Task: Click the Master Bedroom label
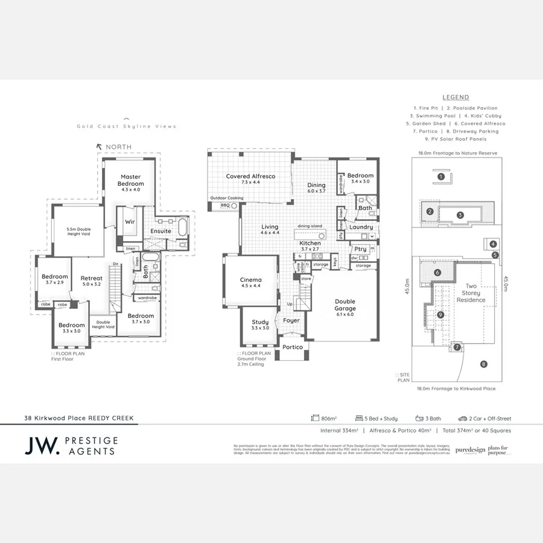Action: [x=130, y=180]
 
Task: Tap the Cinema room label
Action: [x=251, y=280]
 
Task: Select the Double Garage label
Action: [x=345, y=304]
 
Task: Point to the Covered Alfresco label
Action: [x=250, y=176]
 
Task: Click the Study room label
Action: [x=260, y=322]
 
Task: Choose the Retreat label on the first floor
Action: [x=92, y=278]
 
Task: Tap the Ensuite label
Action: [x=160, y=231]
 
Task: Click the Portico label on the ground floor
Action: [x=293, y=348]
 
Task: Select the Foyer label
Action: [x=291, y=321]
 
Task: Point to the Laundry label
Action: [x=360, y=227]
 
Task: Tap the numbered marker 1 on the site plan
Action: [x=441, y=177]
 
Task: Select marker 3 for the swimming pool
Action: [x=460, y=215]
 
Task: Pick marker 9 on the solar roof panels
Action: [x=440, y=314]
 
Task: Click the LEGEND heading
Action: [x=456, y=97]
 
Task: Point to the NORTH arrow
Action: [x=99, y=147]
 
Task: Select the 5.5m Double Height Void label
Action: [x=80, y=230]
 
